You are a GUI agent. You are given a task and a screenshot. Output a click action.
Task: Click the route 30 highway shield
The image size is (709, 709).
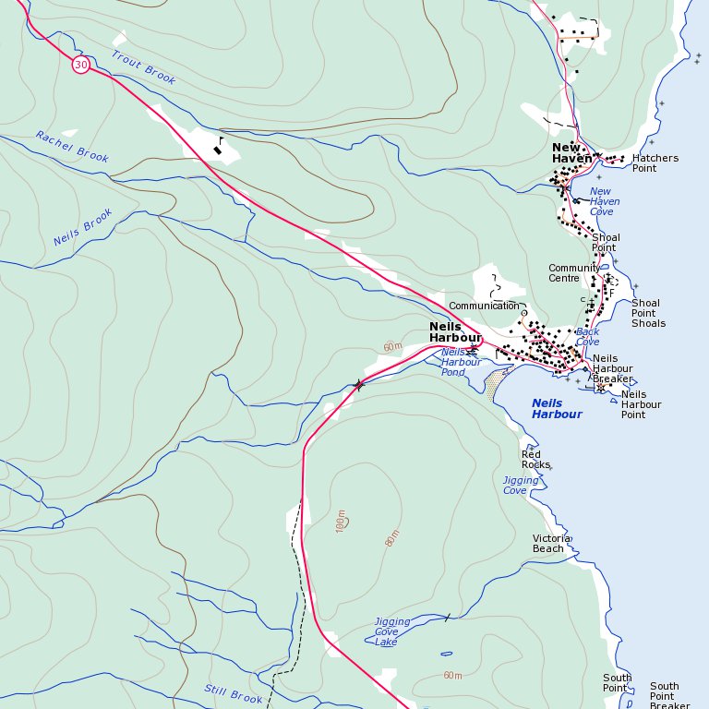(81, 65)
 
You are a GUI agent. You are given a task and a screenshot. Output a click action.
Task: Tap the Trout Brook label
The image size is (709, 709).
(143, 67)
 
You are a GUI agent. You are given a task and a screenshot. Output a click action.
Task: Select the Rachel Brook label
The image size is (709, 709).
(72, 147)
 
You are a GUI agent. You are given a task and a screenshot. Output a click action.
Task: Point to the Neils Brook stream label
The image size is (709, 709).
(82, 227)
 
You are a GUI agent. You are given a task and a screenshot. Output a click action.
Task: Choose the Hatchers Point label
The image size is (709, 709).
(655, 163)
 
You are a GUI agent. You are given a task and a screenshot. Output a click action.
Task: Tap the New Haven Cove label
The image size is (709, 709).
(604, 202)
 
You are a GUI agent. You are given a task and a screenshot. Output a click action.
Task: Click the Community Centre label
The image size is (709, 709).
(574, 273)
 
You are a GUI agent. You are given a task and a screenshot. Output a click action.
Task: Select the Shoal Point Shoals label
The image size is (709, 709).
(647, 313)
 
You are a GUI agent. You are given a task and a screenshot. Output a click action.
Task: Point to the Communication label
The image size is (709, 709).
(484, 306)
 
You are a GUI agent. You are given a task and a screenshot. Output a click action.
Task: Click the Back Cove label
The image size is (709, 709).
(587, 337)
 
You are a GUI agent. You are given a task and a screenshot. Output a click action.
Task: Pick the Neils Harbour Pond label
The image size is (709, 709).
(461, 362)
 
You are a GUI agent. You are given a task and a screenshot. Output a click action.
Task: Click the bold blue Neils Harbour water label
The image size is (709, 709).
(558, 409)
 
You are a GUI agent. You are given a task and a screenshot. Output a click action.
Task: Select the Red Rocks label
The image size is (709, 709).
(535, 459)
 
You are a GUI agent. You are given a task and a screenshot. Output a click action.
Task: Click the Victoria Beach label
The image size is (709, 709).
(551, 543)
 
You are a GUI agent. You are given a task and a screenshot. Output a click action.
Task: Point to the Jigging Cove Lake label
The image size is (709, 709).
(391, 631)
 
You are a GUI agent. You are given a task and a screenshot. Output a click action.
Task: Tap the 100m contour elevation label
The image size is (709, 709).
(341, 521)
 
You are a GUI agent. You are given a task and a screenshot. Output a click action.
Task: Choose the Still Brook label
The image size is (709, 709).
(234, 693)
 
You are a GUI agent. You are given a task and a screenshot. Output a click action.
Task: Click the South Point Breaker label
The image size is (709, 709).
(669, 695)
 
